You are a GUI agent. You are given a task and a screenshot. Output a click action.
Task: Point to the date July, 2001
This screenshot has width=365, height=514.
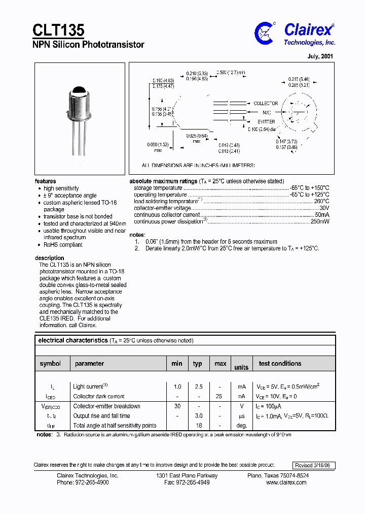pos(320,56)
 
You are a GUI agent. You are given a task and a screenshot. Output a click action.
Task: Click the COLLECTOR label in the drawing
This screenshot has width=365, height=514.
pos(266,104)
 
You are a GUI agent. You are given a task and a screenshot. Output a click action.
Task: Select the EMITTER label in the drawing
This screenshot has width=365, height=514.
pos(266,122)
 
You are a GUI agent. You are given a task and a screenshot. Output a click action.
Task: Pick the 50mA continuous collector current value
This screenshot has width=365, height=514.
pos(322,215)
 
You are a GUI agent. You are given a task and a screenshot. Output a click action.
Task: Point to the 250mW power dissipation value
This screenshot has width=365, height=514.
pos(319,221)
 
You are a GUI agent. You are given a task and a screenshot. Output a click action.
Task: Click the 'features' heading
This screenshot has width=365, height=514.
pos(46,181)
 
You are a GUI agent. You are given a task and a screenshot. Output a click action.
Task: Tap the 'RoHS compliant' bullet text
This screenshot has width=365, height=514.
pos(63,245)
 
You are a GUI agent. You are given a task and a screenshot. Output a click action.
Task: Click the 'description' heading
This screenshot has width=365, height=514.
pos(50,258)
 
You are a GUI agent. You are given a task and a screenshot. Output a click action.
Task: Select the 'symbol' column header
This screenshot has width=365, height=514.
pos(50,364)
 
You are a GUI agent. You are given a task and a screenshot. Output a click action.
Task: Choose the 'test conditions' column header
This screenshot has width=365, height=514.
pos(280,364)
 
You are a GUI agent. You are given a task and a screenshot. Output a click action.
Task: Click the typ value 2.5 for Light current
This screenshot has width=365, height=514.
pos(198,387)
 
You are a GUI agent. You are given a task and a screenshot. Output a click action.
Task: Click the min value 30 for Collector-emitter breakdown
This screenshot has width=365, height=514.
pos(176,406)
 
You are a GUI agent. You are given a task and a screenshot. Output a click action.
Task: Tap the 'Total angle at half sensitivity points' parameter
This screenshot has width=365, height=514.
pos(115,426)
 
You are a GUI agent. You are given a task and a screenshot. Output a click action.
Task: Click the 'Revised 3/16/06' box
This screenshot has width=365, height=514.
pos(314,466)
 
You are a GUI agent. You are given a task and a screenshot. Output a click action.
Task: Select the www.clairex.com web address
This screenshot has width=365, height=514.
pos(286,483)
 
